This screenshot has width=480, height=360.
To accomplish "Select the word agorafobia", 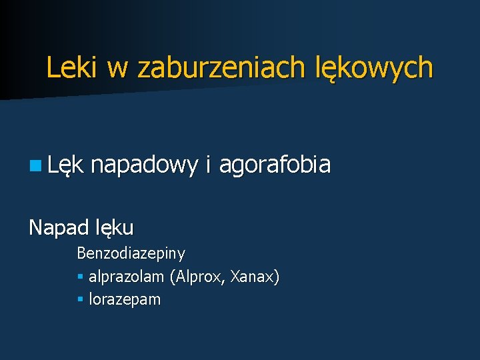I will point(275,164).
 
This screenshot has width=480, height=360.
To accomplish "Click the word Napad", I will point(57,227).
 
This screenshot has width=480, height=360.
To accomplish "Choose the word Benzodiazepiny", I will point(131,253).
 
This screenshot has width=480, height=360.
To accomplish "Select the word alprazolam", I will point(127,277).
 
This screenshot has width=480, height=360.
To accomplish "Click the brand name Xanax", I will point(252,277).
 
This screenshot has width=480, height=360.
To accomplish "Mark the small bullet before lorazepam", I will point(80,300).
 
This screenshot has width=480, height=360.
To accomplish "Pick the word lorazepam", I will point(125,300).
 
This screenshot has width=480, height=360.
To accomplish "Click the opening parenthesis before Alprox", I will point(172,277).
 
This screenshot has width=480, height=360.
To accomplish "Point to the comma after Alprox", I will point(224,281).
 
